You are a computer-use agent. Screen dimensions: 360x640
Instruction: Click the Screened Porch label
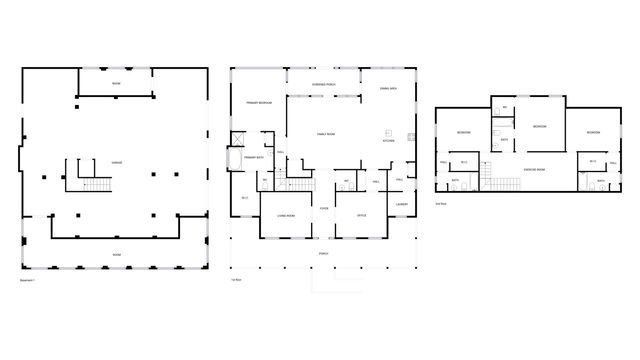point(324,84)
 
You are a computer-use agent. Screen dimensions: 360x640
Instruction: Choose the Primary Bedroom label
point(259,103)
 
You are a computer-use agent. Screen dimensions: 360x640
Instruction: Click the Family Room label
point(326,133)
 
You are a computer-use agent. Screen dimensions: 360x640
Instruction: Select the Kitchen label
point(388,142)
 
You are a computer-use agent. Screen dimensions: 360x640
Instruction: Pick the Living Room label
point(285,215)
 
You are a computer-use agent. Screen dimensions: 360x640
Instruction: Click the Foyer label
point(324,208)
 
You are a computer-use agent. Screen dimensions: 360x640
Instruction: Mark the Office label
point(361,215)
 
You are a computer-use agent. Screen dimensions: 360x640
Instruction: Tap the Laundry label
point(401,205)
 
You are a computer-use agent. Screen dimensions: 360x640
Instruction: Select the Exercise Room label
point(534,170)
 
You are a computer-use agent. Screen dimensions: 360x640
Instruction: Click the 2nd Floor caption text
point(441,203)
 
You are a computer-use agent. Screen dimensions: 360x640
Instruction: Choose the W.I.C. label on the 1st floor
point(245,198)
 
